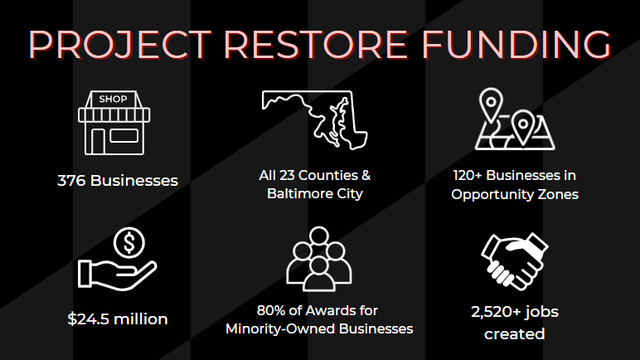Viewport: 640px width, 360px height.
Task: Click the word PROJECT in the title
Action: pyautogui.click(x=120, y=44)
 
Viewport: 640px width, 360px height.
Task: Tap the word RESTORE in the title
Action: pyautogui.click(x=316, y=44)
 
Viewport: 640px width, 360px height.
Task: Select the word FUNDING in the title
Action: pyautogui.click(x=516, y=44)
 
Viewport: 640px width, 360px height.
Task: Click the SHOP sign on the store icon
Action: pyautogui.click(x=113, y=99)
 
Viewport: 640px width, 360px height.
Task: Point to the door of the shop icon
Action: pyautogui.click(x=98, y=142)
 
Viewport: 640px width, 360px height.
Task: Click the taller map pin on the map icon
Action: pyautogui.click(x=491, y=104)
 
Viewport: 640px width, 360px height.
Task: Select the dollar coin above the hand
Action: pyautogui.click(x=129, y=243)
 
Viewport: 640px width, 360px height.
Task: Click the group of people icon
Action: pyautogui.click(x=319, y=259)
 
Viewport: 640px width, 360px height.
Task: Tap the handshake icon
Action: pyautogui.click(x=515, y=261)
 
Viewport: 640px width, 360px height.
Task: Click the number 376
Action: pyautogui.click(x=71, y=181)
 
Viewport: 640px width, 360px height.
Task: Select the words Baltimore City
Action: pyautogui.click(x=315, y=193)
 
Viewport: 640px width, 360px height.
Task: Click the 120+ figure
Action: pyautogui.click(x=467, y=175)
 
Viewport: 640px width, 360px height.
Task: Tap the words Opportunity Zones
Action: pyautogui.click(x=515, y=194)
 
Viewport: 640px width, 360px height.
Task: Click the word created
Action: pyautogui.click(x=514, y=334)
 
